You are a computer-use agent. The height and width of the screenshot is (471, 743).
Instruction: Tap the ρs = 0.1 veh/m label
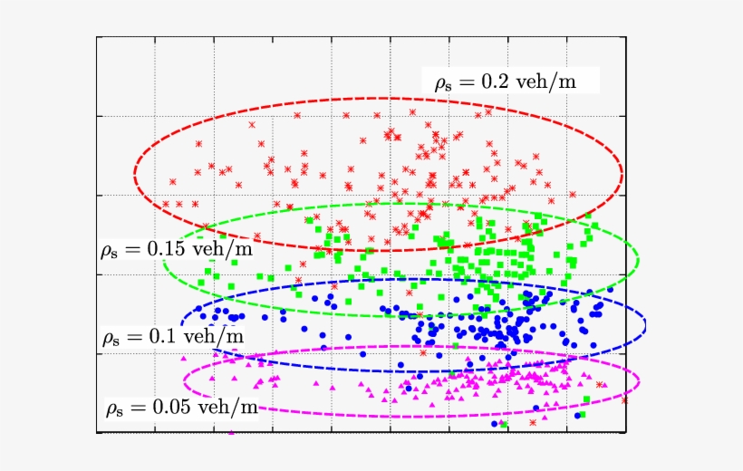172,337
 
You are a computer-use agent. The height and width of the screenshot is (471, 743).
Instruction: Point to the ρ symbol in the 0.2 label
440,83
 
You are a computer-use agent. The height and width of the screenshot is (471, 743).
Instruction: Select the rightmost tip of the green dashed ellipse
637,257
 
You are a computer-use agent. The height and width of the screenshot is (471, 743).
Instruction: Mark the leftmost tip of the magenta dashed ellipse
184,378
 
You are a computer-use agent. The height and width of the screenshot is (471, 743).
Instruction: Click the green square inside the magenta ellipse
587,399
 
